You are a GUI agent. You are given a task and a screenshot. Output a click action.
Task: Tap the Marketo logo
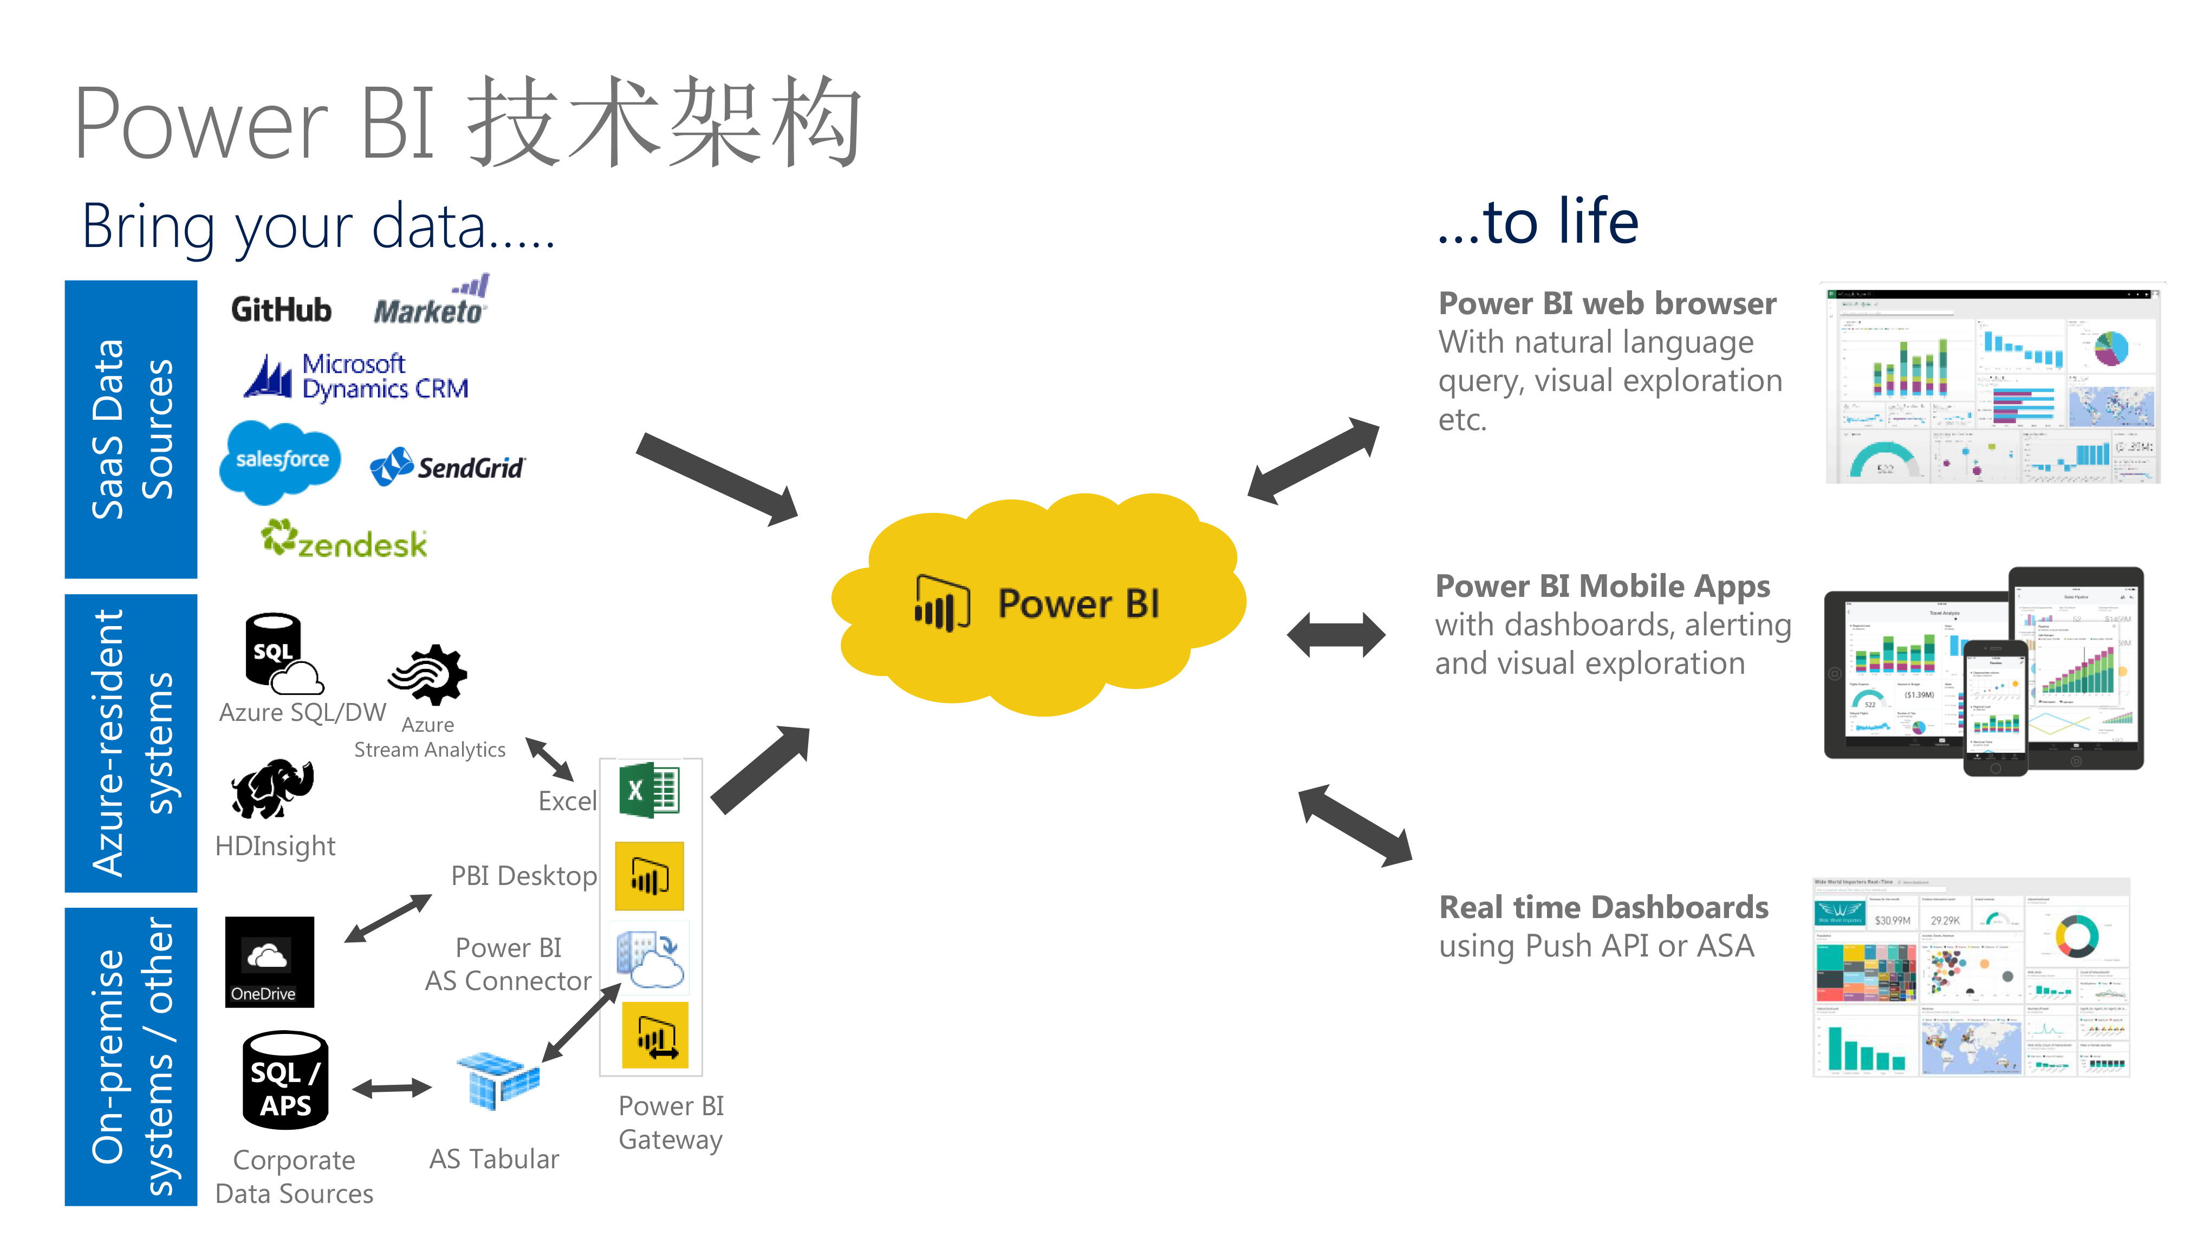coord(431,303)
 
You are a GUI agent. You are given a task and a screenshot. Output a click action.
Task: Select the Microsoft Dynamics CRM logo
coord(356,376)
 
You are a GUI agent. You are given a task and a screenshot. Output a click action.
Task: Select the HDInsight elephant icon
coord(273,788)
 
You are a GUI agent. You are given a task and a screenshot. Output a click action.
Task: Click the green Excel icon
coord(649,790)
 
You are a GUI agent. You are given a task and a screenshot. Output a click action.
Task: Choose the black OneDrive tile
coord(269,961)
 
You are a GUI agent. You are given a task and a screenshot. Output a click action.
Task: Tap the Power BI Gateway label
coord(671,1122)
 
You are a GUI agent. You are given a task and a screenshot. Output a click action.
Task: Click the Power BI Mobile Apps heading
coord(1602,586)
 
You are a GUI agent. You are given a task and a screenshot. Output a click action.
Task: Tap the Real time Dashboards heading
coord(1603,907)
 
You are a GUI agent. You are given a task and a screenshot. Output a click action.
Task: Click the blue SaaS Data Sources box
coord(131,429)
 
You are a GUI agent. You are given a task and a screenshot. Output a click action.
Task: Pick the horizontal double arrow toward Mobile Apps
coord(1336,635)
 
